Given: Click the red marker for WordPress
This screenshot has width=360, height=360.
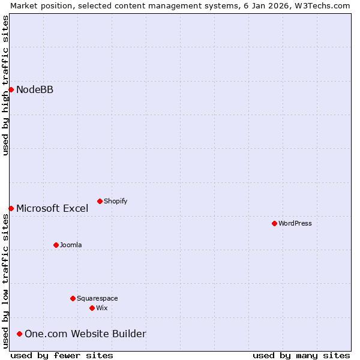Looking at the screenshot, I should click(274, 223).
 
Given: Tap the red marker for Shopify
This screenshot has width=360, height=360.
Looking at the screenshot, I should click(100, 201).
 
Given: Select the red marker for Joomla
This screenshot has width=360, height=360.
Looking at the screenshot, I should click(56, 245).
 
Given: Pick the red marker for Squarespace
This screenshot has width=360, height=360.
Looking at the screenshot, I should click(73, 298).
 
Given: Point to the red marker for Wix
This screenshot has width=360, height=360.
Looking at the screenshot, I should click(92, 308).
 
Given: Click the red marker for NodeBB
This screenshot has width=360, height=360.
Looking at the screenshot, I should click(11, 89).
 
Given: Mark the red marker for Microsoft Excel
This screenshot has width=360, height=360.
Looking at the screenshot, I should click(11, 208).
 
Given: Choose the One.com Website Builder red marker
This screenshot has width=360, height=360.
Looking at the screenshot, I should click(19, 334).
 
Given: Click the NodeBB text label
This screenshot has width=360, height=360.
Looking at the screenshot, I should click(35, 90).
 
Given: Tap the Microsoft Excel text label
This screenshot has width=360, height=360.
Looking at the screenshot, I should click(52, 209).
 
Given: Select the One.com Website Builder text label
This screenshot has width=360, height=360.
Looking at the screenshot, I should click(85, 334).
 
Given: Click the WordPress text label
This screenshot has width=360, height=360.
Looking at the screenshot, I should click(295, 224).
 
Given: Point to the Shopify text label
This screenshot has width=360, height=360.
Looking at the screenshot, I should click(115, 202).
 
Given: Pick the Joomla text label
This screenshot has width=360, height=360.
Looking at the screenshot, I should click(71, 245).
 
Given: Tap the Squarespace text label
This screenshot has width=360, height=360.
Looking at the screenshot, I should click(97, 299).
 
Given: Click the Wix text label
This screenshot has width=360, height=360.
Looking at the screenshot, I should click(101, 308).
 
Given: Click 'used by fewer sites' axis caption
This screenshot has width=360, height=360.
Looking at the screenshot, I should click(62, 355).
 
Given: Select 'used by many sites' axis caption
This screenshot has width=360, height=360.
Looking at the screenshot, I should click(301, 355).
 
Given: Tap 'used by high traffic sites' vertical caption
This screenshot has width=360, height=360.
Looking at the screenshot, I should click(5, 85).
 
